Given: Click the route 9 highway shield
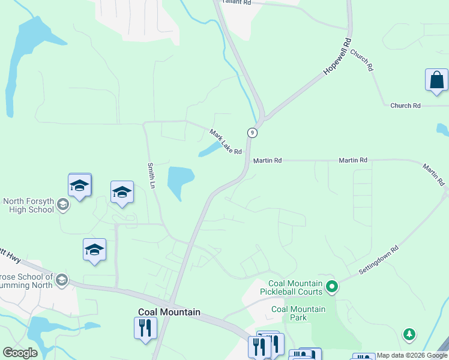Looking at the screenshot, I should pos(253,133).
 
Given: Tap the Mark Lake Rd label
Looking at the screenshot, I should pos(225,142).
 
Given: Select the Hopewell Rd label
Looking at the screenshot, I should pos(337,56).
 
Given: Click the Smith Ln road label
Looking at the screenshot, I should pos(152,175).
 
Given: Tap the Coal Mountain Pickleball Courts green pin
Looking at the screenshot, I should pos(331,287).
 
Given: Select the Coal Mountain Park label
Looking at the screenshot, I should pos(298,313).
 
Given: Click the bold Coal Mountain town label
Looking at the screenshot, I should pos(169,312).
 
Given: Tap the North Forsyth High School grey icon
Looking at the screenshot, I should pos(63,206).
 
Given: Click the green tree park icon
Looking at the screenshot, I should pos(409,334).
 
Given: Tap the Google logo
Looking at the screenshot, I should pos(20,353).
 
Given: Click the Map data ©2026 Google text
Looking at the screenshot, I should pos(412,356).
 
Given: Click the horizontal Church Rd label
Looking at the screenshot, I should pos(405,106).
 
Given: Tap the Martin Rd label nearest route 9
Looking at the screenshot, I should pos(267,161).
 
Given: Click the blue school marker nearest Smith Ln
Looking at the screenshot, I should pos(122,192).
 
